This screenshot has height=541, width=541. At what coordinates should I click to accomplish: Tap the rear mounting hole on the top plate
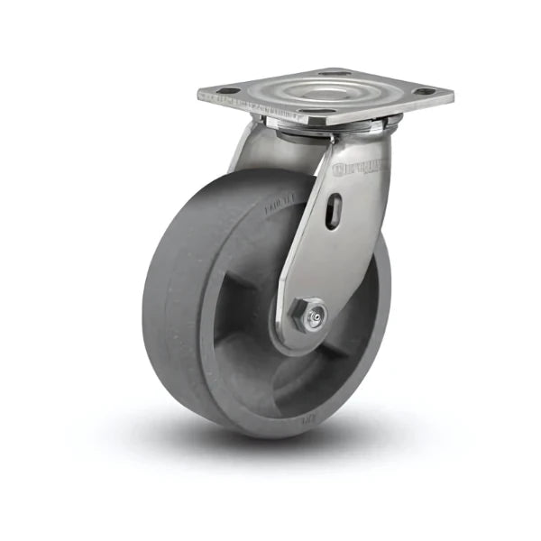pyautogui.click(x=335, y=72)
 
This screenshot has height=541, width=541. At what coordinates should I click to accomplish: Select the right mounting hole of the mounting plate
pyautogui.click(x=420, y=91)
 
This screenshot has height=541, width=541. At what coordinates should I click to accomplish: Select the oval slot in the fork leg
pyautogui.click(x=335, y=214)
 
